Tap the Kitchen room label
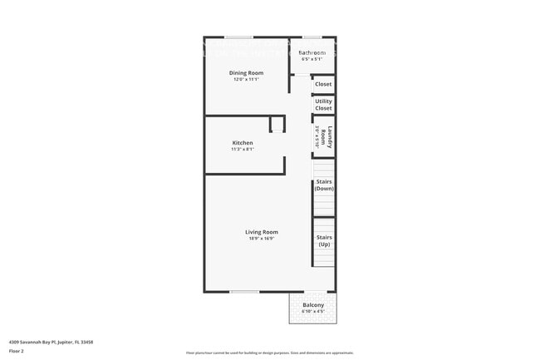[x=243, y=143]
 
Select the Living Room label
[x=261, y=232]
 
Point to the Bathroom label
[x=312, y=53]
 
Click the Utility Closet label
[x=323, y=105]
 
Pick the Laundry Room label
[x=331, y=137]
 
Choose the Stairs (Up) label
[x=324, y=240]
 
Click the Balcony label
[x=313, y=305]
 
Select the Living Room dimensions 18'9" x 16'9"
[x=261, y=239]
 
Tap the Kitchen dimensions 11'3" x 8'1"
[x=243, y=150]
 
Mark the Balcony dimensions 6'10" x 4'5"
[x=313, y=312]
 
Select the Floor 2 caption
[x=17, y=352]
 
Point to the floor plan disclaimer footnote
[x=269, y=353]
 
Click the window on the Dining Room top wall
[x=239, y=37]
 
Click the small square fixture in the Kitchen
[x=277, y=124]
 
